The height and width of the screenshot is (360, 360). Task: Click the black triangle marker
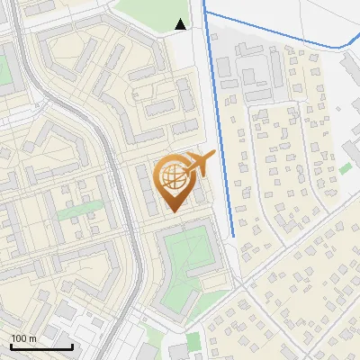point(181,24)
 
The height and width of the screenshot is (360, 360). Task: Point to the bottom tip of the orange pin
point(172,211)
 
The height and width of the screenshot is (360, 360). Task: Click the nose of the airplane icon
point(213,154)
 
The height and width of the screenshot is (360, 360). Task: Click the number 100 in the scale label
point(20,338)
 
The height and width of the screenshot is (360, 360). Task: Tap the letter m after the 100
point(33,338)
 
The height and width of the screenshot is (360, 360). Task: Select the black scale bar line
point(41,346)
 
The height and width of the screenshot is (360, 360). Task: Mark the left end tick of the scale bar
point(12,345)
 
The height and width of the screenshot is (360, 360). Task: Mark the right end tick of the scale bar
point(72,345)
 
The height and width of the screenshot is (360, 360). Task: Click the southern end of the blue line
point(233,236)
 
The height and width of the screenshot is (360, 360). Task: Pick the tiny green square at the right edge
point(346,168)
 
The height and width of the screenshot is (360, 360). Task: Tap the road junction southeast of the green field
point(241,285)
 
